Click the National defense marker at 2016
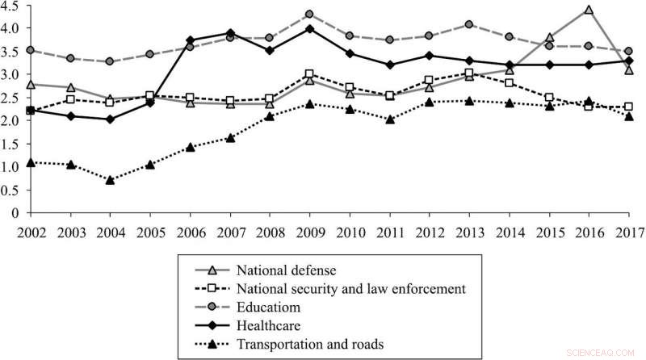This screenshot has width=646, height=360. pos(589,10)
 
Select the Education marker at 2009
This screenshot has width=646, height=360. pos(309,14)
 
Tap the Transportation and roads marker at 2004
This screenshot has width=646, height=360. pos(110,180)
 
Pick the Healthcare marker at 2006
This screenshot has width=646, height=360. pos(191,40)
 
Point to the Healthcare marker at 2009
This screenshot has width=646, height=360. pos(309,29)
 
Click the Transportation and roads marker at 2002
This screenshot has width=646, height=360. pos(31,162)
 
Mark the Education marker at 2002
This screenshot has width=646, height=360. pos(31,50)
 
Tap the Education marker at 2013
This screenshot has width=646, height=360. pos(469,24)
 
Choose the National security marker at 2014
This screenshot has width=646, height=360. pos(509,83)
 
